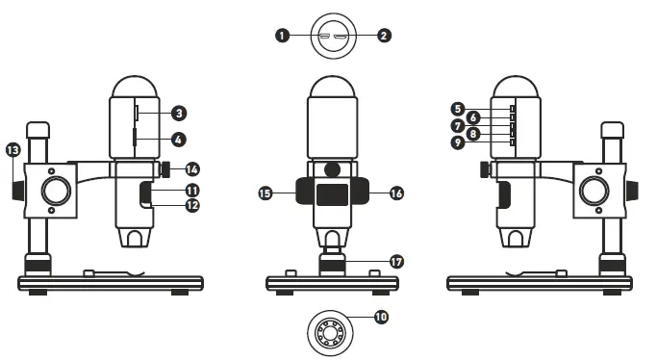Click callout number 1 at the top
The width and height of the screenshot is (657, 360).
coord(282,36)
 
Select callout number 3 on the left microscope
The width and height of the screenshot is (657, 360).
coord(178,113)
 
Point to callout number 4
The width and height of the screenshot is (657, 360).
coord(178,140)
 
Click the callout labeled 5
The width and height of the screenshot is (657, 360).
coord(458,109)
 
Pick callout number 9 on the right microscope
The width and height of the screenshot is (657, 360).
coord(458,142)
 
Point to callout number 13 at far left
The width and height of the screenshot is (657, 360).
coord(13,150)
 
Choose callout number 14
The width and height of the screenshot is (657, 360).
coord(192,167)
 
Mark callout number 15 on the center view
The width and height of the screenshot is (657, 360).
coord(265,193)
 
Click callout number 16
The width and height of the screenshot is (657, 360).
coord(397,193)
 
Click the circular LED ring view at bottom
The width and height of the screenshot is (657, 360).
coord(329,333)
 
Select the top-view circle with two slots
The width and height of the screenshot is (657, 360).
coord(332,37)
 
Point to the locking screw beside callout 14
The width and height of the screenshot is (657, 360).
coord(166,169)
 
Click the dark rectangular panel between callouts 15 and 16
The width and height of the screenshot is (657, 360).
coord(332,194)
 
